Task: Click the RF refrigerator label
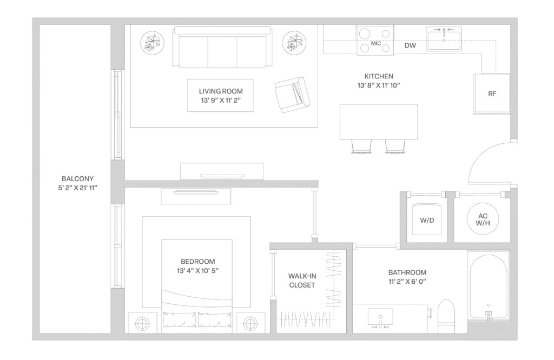click(x=492, y=94)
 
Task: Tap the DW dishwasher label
click(x=410, y=46)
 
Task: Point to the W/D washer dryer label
click(x=427, y=221)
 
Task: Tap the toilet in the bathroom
click(x=447, y=316)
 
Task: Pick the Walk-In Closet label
click(x=302, y=281)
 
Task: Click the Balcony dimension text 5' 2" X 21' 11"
click(x=75, y=188)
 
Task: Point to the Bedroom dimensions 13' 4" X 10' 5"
click(x=197, y=270)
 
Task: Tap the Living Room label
click(x=221, y=91)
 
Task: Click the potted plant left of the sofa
click(x=151, y=42)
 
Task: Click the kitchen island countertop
click(x=378, y=121)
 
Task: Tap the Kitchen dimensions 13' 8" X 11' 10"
click(x=378, y=85)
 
